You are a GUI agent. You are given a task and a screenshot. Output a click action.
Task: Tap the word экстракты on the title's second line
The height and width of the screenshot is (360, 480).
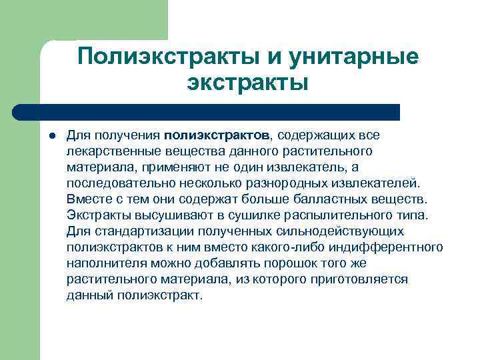point(248,84)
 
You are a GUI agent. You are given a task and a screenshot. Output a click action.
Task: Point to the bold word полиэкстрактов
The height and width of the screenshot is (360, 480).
point(215,135)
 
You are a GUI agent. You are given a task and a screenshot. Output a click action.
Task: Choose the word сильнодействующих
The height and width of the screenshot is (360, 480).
point(345,231)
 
